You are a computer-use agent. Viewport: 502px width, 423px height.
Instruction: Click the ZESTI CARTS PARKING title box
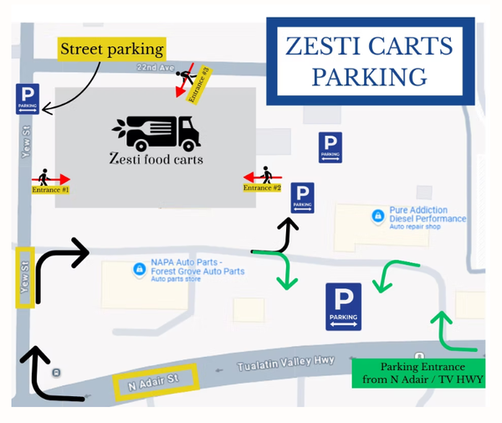coord(370,61)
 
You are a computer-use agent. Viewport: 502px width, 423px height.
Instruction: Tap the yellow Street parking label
coord(111,49)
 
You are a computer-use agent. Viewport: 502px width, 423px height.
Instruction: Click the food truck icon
coord(156,133)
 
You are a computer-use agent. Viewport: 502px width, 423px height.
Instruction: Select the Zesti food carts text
coord(156,159)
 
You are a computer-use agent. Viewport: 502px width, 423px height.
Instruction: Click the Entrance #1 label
coord(50,190)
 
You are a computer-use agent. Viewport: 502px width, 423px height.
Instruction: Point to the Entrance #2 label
coord(262,188)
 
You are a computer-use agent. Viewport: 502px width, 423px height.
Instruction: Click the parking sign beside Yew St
coord(28,99)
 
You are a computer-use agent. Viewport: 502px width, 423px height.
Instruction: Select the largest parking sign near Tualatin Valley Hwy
coord(343,307)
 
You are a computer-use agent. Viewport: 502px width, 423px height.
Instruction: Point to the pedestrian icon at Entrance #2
coord(267,174)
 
